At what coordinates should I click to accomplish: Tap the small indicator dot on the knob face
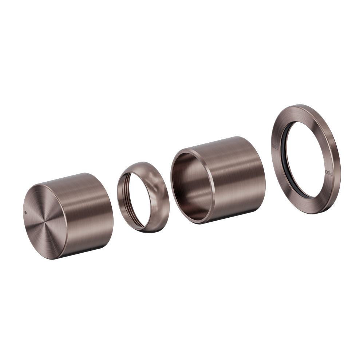pos(25,213)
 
